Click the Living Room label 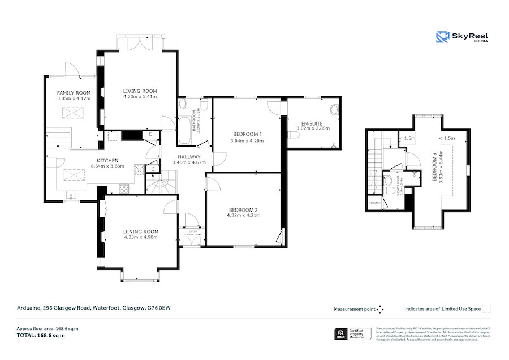140,91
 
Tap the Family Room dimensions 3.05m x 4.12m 74,99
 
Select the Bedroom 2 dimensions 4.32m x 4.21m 243,215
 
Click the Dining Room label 141,232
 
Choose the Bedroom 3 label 434,168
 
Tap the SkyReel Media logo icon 442,37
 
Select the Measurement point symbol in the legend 380,309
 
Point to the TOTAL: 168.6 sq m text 40,335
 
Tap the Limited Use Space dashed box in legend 486,309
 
